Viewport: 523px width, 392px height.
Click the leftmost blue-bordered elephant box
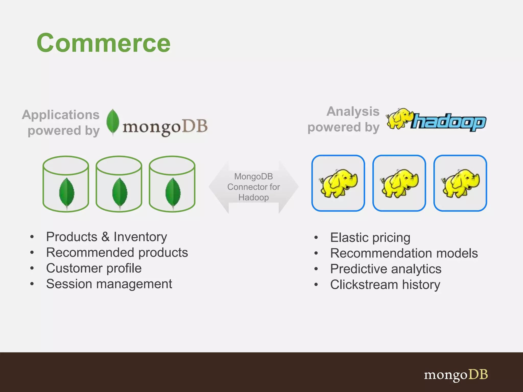click(338, 183)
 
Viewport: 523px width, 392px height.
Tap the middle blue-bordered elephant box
click(399, 183)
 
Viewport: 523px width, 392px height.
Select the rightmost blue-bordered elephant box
click(460, 183)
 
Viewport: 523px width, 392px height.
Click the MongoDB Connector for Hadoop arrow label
click(254, 187)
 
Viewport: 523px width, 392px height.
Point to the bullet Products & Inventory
click(106, 237)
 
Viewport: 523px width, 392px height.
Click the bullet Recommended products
click(117, 253)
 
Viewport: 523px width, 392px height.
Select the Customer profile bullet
click(94, 268)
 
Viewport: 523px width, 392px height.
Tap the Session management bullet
click(109, 284)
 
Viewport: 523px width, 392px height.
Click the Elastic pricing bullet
click(370, 238)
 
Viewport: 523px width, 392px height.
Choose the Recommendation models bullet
click(404, 253)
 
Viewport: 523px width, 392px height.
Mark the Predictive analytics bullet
click(386, 269)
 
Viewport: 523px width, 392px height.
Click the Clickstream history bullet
click(385, 285)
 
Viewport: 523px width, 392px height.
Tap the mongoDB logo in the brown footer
click(456, 375)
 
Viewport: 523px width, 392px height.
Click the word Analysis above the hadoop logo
click(353, 112)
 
